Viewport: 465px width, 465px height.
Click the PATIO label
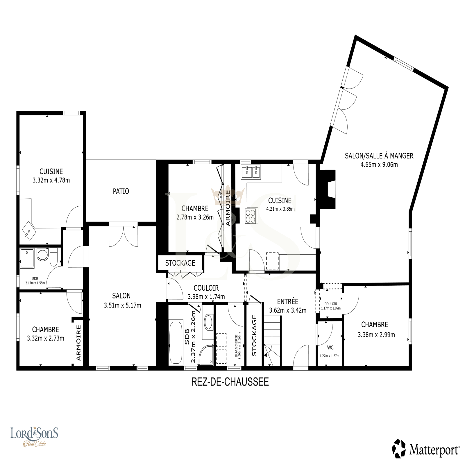[121, 191]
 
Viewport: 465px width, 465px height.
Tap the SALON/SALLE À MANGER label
[379, 156]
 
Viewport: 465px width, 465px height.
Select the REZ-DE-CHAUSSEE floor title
[230, 382]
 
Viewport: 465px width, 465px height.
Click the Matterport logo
[426, 450]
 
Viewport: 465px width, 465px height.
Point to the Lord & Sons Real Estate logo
[34, 436]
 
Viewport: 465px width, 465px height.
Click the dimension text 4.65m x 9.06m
[379, 164]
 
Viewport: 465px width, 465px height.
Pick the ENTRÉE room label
[287, 302]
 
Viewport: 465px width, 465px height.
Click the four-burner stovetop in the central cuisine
[251, 216]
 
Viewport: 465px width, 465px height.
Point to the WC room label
[330, 348]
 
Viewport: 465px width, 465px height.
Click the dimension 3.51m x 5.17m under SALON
[122, 305]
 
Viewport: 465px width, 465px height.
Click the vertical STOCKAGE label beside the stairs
[254, 335]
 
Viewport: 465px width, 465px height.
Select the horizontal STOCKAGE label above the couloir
[180, 263]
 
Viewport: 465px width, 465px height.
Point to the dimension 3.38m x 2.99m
[376, 335]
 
